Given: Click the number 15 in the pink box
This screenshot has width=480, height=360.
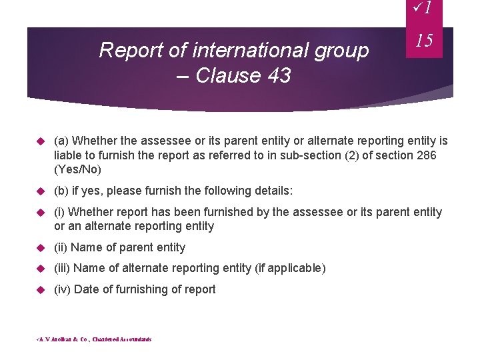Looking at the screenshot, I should point(424,41).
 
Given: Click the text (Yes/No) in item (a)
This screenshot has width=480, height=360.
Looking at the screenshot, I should point(78,169).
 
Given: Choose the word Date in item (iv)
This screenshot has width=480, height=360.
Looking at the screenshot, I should point(87,289).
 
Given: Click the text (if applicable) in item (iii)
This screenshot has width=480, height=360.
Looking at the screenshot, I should point(290,268).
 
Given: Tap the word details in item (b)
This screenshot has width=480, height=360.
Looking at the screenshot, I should point(271,191).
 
